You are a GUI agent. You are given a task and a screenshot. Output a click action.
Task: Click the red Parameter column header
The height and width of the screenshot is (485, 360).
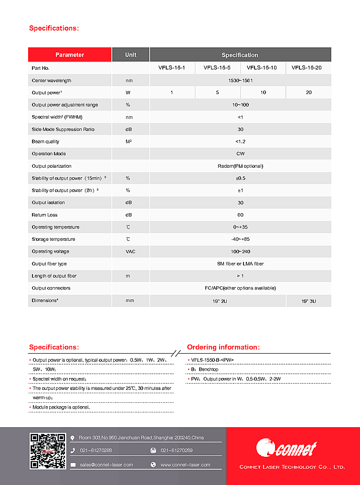tap(70, 55)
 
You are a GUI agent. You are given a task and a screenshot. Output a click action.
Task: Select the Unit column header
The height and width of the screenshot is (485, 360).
tap(130, 55)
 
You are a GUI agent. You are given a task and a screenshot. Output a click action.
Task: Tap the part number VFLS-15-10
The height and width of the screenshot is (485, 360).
tap(263, 68)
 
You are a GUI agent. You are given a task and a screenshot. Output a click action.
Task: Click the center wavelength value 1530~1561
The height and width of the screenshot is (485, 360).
tap(240, 80)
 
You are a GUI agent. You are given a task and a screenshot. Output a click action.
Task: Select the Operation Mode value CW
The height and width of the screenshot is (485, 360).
tap(240, 154)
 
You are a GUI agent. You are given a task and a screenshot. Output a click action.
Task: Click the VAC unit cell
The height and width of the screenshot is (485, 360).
tap(130, 251)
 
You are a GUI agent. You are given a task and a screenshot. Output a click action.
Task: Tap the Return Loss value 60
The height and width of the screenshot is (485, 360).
tap(240, 215)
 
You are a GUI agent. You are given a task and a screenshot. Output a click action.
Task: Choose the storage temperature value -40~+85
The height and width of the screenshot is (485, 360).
tap(240, 239)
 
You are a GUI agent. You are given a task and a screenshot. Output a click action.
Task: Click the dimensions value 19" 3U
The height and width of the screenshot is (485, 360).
tap(308, 301)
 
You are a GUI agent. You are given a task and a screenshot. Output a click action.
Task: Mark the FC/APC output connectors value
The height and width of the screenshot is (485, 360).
tap(240, 288)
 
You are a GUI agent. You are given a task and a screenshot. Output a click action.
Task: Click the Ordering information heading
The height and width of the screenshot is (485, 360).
tap(223, 347)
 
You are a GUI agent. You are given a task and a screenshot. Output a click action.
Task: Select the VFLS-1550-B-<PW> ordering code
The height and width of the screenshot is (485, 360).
tap(212, 360)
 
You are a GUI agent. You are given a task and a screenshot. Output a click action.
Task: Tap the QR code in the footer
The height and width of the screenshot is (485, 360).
tap(48, 451)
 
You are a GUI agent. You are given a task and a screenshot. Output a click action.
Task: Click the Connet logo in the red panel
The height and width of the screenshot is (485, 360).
tap(286, 448)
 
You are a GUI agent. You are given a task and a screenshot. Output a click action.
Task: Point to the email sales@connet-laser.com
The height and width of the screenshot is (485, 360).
tap(106, 464)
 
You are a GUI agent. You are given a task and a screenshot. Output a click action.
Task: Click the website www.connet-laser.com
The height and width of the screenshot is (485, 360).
tap(185, 464)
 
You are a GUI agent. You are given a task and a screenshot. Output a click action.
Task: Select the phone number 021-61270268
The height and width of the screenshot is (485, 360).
tap(96, 450)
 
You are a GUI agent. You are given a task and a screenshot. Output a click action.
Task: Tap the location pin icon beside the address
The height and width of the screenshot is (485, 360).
tap(73, 438)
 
